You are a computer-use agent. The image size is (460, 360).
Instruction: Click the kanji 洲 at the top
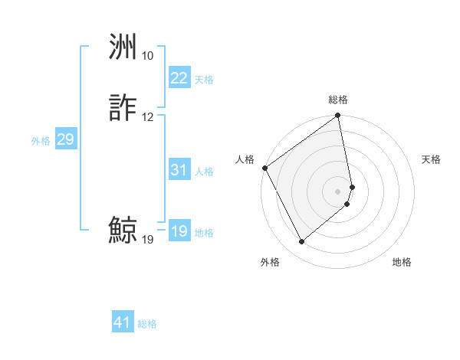[x=123, y=48]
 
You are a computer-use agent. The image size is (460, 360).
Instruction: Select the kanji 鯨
[x=123, y=231]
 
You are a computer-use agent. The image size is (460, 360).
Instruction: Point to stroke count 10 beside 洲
[x=147, y=56]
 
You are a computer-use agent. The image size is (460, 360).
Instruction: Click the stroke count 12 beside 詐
[x=147, y=117]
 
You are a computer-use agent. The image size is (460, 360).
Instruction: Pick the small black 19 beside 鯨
[x=147, y=240]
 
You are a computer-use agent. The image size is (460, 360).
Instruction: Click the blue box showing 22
[x=179, y=78]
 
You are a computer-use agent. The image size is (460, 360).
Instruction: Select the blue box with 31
[x=179, y=170]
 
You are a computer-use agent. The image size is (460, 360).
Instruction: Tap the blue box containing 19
[x=179, y=231]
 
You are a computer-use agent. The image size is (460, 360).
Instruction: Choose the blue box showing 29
[x=65, y=139]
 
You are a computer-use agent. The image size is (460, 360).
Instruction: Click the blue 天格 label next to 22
[x=204, y=79]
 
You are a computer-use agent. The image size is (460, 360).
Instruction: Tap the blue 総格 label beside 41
[x=147, y=324]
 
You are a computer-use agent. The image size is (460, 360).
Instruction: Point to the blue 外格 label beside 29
[x=41, y=140]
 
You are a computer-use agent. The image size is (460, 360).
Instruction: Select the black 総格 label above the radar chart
[x=338, y=100]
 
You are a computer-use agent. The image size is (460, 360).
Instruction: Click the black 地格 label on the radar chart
[x=402, y=263]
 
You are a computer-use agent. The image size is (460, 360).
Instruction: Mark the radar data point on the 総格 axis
[x=338, y=116]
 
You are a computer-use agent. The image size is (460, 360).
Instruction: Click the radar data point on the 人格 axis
[x=264, y=168]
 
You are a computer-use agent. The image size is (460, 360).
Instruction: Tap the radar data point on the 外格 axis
[x=302, y=242]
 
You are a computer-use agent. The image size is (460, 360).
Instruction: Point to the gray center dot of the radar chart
[x=338, y=190]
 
